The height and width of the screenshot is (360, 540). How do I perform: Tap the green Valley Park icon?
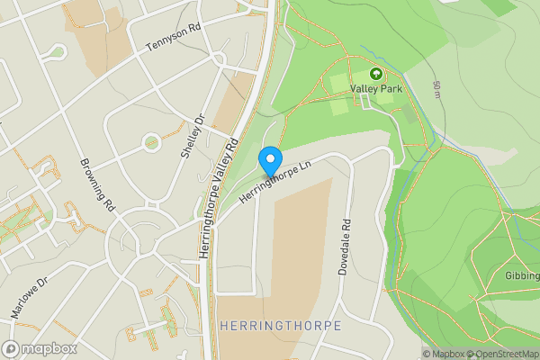pos(374,75)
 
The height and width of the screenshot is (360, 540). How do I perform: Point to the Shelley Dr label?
pos(193,136)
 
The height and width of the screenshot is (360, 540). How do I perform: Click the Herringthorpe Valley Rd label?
pos(218,199)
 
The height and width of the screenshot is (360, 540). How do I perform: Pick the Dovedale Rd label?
pos(344,248)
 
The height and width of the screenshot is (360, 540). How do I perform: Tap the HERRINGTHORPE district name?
pos(280,326)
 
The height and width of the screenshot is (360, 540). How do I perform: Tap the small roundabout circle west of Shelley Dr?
pos(151,141)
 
